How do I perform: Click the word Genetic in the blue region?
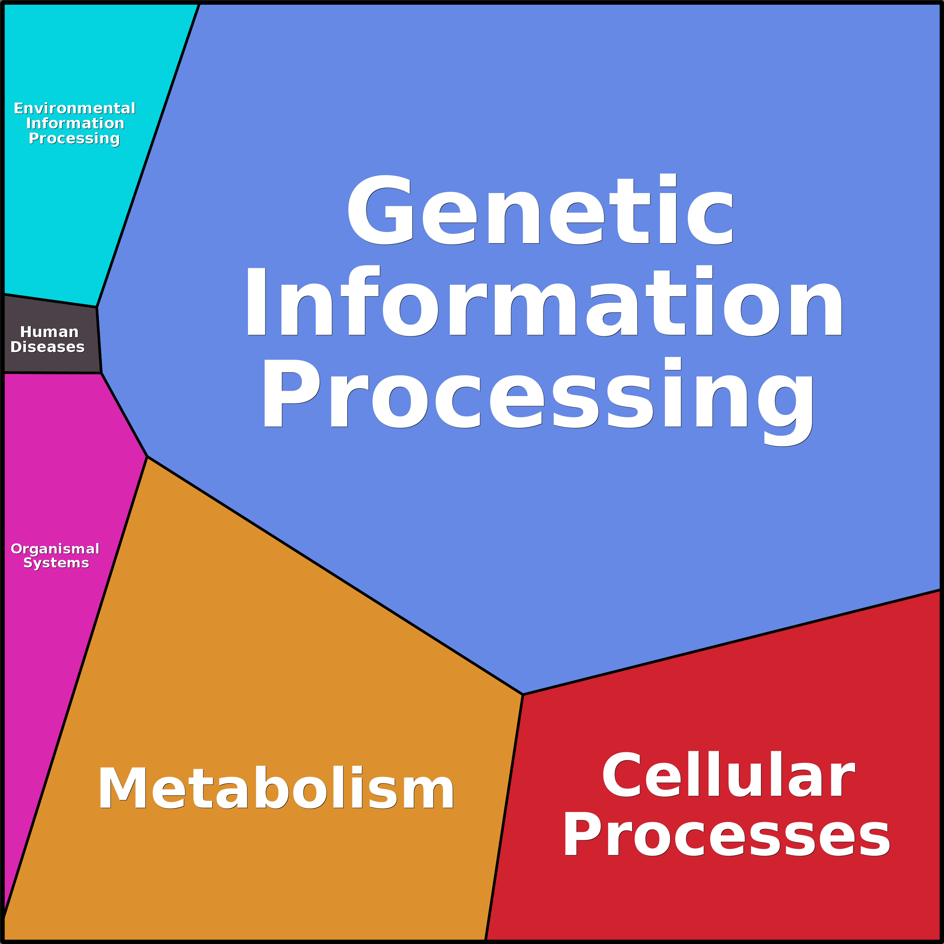pyautogui.click(x=540, y=209)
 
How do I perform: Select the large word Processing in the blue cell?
pyautogui.click(x=539, y=401)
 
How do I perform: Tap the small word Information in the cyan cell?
pyautogui.click(x=75, y=123)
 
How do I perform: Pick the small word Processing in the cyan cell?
pyautogui.click(x=74, y=139)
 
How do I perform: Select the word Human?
pyautogui.click(x=49, y=332)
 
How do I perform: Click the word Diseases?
pyautogui.click(x=47, y=347)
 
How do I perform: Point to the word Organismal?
pyautogui.click(x=55, y=549)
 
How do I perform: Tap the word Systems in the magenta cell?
pyautogui.click(x=56, y=563)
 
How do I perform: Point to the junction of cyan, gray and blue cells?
pyautogui.click(x=97, y=307)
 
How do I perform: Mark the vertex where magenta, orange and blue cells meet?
pyautogui.click(x=147, y=456)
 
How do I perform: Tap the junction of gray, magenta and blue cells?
pyautogui.click(x=101, y=373)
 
